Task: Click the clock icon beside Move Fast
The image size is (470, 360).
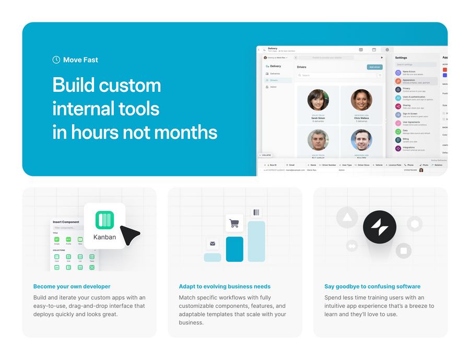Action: (x=56, y=60)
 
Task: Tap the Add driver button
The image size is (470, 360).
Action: (x=374, y=67)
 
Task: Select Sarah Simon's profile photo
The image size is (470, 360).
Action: (x=318, y=100)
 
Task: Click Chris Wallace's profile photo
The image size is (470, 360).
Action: (x=361, y=100)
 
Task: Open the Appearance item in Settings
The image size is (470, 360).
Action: (x=409, y=81)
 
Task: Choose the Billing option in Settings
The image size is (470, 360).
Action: (x=406, y=140)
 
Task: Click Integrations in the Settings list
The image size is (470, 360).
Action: (x=408, y=148)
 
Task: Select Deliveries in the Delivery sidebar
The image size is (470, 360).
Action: (x=275, y=74)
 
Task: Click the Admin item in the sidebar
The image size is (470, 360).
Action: (x=273, y=87)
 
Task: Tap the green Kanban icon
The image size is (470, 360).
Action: (x=104, y=220)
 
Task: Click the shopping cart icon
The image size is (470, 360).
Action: (x=234, y=223)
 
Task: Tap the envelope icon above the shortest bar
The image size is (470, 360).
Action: (x=213, y=244)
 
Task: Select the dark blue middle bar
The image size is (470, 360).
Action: (x=234, y=249)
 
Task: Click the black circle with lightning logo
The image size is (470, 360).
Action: (x=380, y=227)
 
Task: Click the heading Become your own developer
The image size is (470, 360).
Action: (x=72, y=286)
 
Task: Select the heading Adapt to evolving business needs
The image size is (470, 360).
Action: (x=225, y=286)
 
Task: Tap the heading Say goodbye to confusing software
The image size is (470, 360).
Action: (x=372, y=286)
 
